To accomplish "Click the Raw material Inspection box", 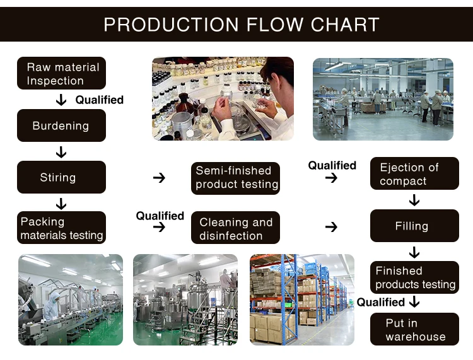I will pos(62,74).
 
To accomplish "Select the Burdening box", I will pos(61,125).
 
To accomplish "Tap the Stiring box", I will pos(61,177).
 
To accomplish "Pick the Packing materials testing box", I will pos(61,228).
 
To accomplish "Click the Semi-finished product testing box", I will pos(235,178).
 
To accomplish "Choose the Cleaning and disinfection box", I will pos(235,228).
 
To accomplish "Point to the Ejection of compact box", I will pos(414,174).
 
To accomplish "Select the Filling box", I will pos(414,226).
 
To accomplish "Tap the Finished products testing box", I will pos(414,277).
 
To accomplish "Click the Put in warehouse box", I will pos(414,329).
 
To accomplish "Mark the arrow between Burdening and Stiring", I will pos(61,152).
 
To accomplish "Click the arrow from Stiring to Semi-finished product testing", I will pos(159,178).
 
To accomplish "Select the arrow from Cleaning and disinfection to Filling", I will pos(331,227).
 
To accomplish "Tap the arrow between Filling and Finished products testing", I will pos(414,252).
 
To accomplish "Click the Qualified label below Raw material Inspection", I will pos(100,100).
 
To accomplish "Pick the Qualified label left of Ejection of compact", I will pos(332,165).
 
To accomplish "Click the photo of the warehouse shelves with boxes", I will pos(302,299).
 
